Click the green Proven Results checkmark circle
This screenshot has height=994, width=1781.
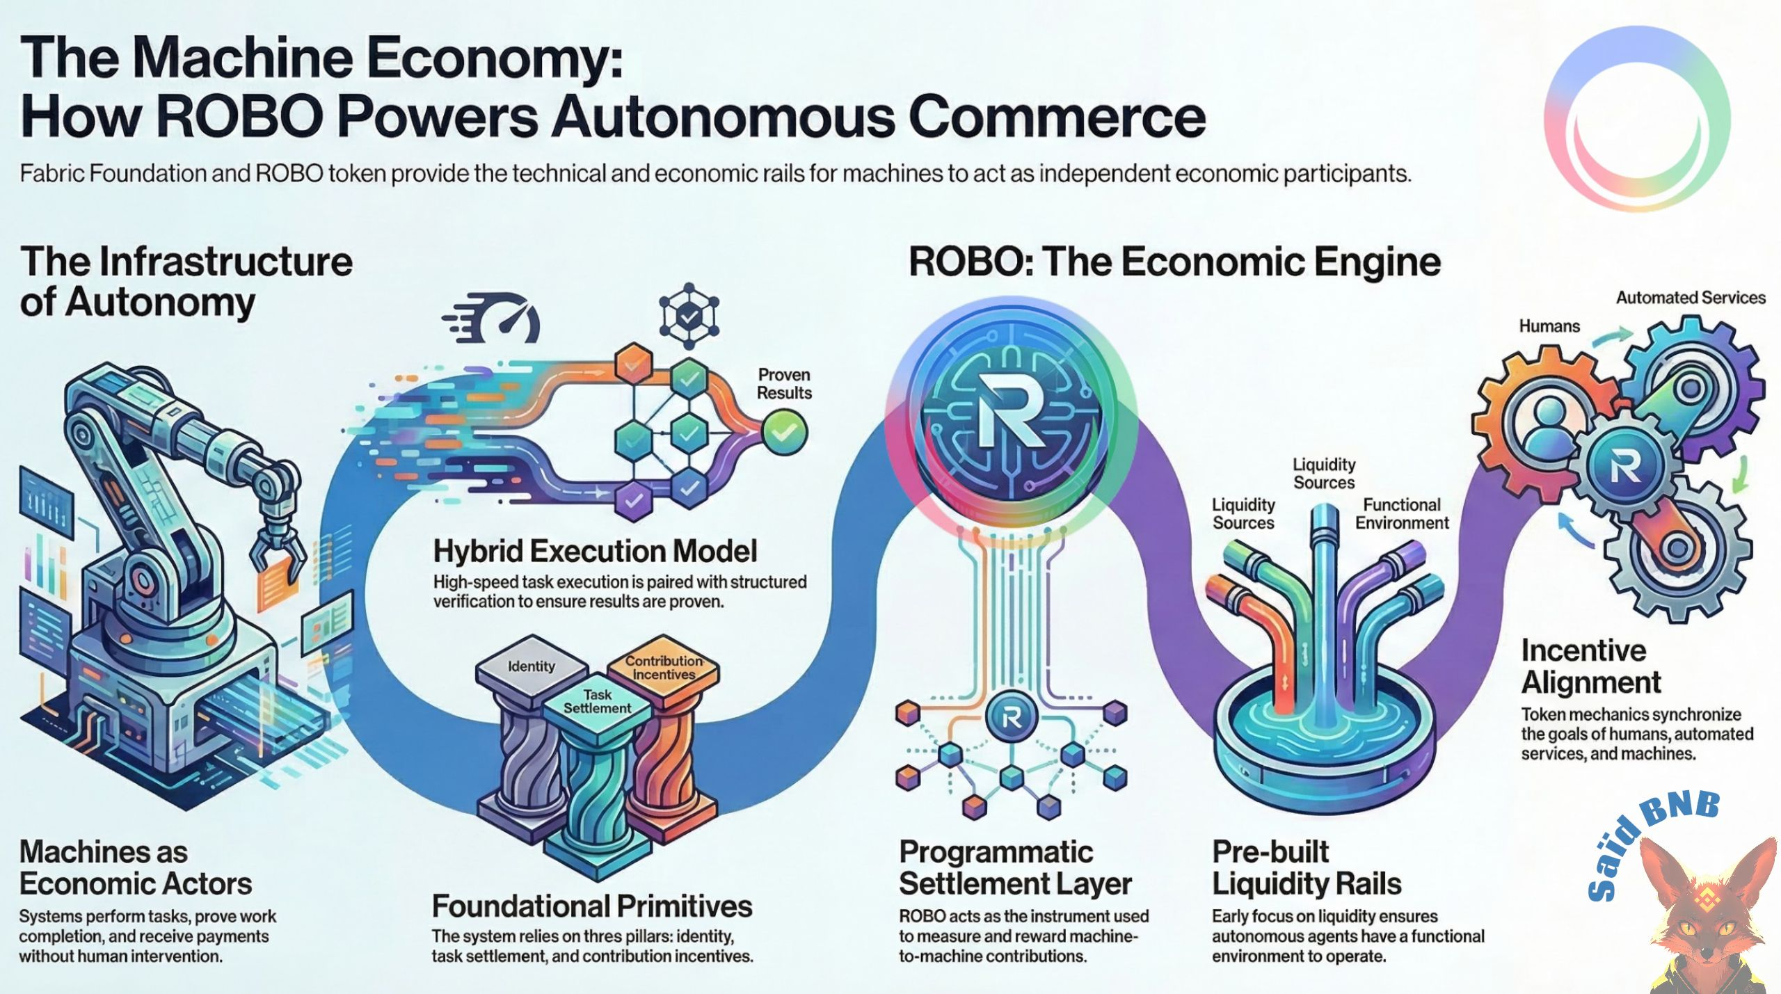point(784,432)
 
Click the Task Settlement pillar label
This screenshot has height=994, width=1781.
point(597,701)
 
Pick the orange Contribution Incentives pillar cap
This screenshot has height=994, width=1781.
point(664,668)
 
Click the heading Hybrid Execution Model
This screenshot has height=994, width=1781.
point(595,552)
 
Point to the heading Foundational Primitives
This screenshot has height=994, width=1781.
point(592,906)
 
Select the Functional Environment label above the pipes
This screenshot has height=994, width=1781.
point(1401,514)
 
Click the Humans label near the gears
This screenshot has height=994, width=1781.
point(1549,326)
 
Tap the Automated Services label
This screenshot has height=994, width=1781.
point(1690,298)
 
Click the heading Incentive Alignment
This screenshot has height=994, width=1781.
point(1590,666)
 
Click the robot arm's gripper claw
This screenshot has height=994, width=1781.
point(278,550)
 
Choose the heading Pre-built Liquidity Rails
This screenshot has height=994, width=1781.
point(1306,867)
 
